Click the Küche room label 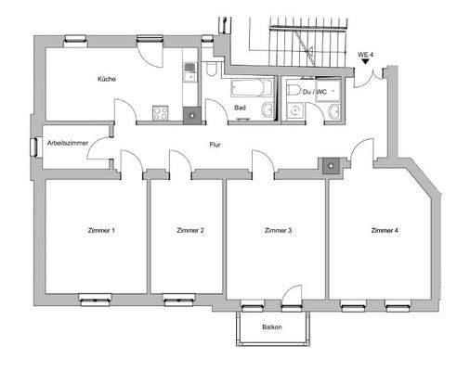click(x=105, y=80)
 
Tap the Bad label click(x=240, y=108)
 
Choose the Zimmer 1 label click(x=100, y=230)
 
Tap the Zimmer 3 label click(x=279, y=230)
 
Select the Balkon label click(x=271, y=327)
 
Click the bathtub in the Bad click(x=249, y=90)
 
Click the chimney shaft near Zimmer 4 click(x=330, y=166)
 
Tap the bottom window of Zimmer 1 click(x=94, y=299)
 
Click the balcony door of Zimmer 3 click(x=290, y=303)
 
